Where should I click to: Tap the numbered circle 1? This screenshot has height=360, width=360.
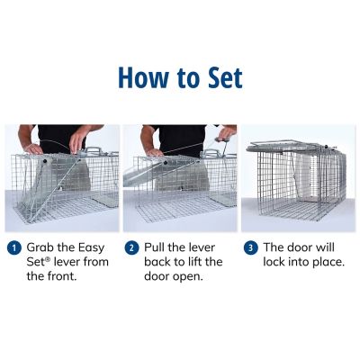tap(13, 247)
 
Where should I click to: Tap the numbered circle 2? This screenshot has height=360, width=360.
tap(131, 247)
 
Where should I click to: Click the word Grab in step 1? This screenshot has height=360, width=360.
tap(42, 247)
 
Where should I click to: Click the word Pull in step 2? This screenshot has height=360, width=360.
tap(157, 247)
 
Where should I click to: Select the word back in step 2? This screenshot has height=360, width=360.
tap(158, 262)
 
